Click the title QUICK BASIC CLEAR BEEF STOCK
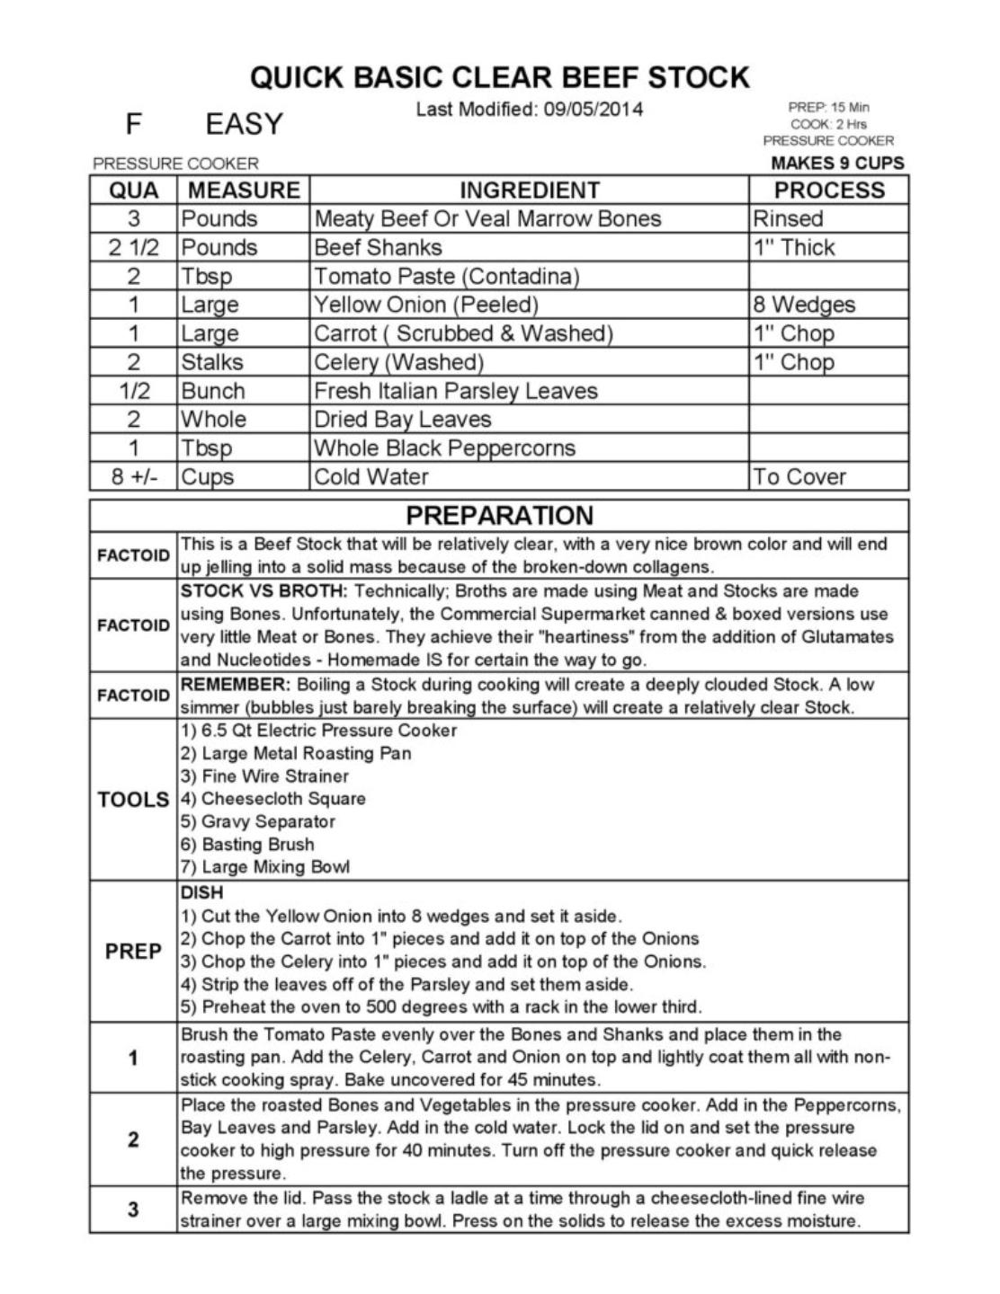(x=499, y=78)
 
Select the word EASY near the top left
(x=244, y=124)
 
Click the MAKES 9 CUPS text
(x=837, y=163)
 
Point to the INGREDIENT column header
(x=529, y=191)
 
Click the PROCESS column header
(x=829, y=191)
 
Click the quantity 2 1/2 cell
(x=133, y=247)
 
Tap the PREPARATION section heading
(x=499, y=515)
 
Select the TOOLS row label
(x=133, y=799)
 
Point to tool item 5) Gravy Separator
(x=258, y=821)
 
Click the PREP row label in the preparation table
(x=133, y=951)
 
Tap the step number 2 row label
(x=133, y=1139)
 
